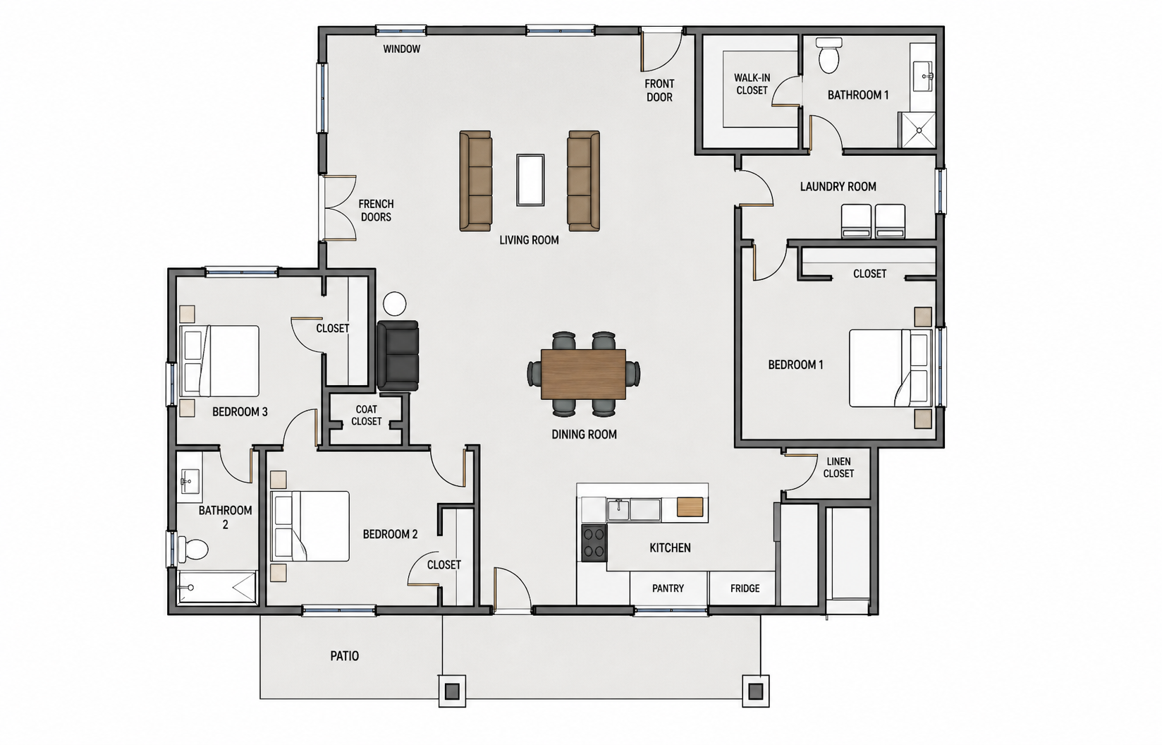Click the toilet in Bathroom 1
829,55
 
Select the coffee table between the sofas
530,180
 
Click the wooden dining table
583,374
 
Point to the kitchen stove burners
594,543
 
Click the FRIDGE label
745,588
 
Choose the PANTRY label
668,588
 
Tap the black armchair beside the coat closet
398,356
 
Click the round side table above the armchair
395,303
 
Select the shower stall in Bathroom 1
917,130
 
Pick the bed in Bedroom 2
310,526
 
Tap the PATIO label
345,656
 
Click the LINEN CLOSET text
838,467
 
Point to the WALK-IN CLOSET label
752,84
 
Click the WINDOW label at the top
401,49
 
